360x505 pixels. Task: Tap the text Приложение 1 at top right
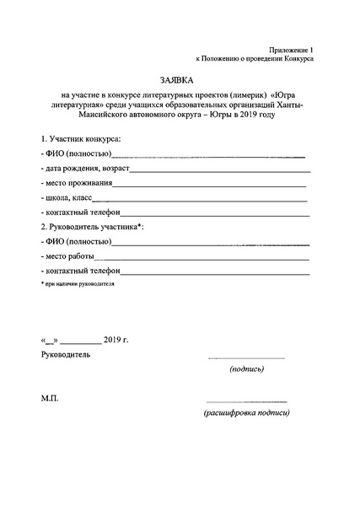pos(288,50)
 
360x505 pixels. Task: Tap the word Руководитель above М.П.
pos(65,353)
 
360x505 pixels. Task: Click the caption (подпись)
pos(246,369)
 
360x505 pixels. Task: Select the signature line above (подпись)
pos(246,358)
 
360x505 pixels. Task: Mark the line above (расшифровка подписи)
pos(246,401)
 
